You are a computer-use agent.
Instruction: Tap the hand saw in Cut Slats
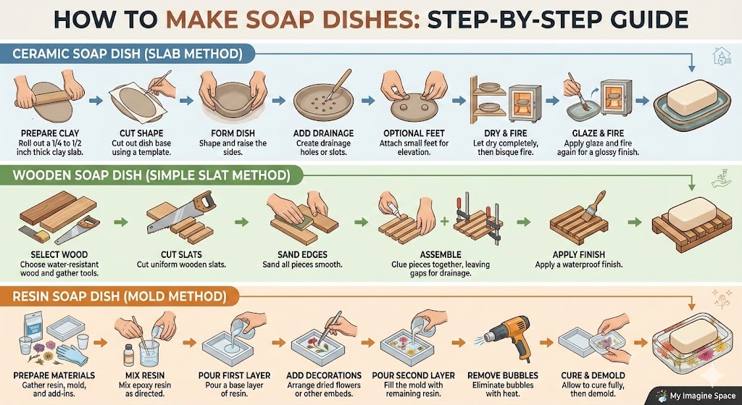tap(181, 212)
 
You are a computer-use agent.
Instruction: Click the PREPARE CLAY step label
tap(50, 133)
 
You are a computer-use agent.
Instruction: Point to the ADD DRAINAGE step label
tap(323, 133)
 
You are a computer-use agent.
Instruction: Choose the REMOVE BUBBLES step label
tap(504, 375)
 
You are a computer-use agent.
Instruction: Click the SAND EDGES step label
tap(302, 254)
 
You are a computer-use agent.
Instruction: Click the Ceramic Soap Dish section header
tap(128, 54)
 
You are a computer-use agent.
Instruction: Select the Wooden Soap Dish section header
tap(151, 176)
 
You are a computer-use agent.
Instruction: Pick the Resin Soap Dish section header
tap(120, 296)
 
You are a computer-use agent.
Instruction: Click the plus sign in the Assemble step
tap(443, 221)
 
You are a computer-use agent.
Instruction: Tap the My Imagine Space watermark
tap(695, 395)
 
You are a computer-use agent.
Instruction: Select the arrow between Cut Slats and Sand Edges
tap(241, 222)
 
